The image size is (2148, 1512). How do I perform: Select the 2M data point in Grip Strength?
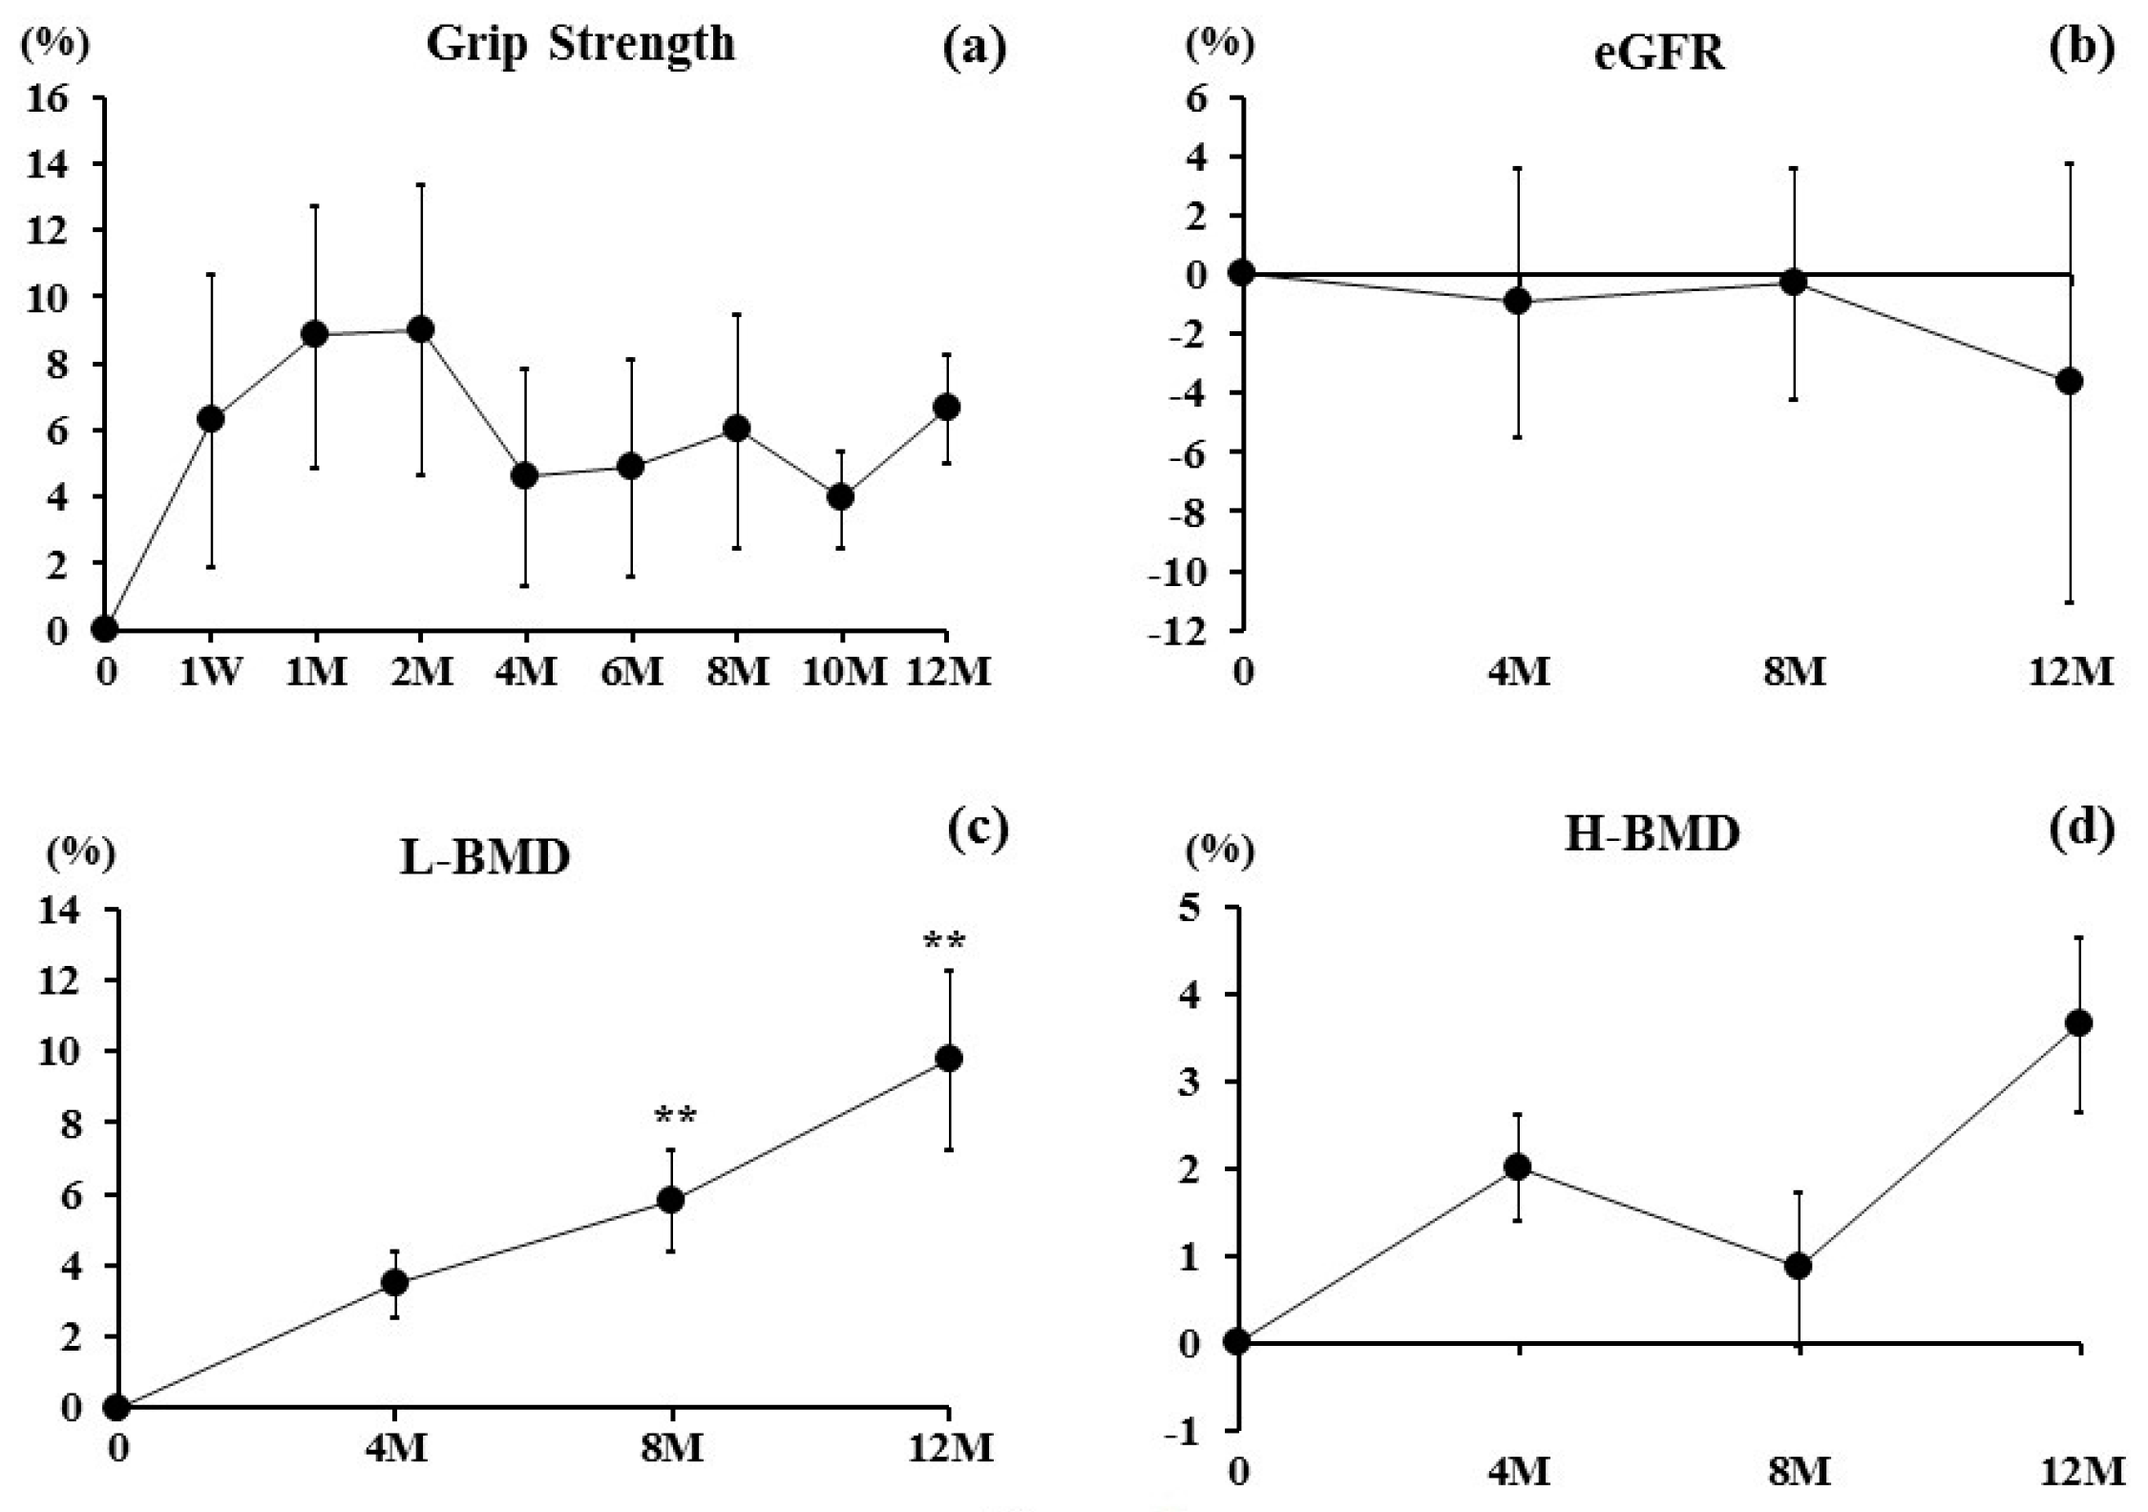(420, 329)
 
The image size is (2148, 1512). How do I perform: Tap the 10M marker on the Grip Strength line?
(840, 496)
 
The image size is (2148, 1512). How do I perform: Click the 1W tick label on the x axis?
(211, 672)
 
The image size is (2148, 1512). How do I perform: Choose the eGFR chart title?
(1659, 53)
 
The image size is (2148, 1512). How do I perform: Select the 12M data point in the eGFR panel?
(2070, 381)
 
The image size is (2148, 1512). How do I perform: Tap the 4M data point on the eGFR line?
(1518, 302)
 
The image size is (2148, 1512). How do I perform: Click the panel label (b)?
(2082, 48)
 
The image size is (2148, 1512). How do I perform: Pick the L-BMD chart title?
(484, 857)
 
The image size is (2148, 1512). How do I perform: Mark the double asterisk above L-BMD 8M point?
(675, 1116)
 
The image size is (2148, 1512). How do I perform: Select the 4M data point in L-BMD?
(394, 1283)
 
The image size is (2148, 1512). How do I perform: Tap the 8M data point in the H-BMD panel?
(1799, 1266)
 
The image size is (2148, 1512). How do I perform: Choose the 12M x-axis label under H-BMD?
(2083, 1472)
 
